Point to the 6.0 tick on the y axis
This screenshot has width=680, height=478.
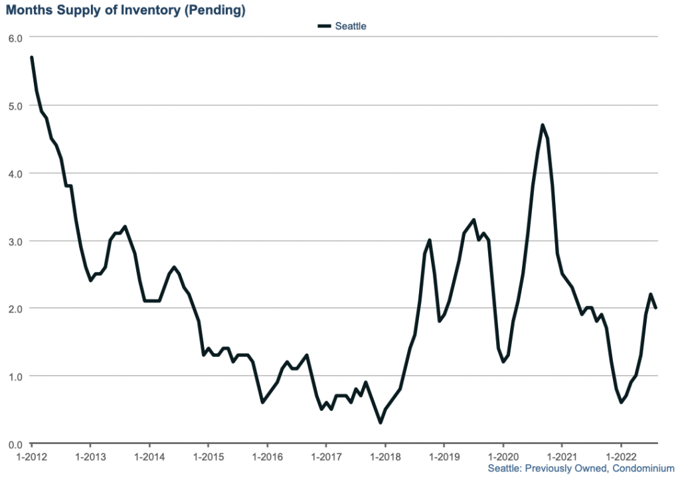15,38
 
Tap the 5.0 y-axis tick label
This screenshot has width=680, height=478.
15,106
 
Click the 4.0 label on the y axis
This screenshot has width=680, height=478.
15,174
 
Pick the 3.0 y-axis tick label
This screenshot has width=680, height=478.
15,241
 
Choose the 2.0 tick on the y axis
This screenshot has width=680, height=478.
15,308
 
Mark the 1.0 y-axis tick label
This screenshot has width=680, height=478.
15,376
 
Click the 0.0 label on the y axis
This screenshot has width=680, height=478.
15,444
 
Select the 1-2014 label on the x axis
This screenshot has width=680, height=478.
149,458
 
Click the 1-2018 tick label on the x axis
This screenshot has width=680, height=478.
385,458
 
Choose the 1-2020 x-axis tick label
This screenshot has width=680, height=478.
503,458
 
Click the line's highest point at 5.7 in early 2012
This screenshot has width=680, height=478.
31,58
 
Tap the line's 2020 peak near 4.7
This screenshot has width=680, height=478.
543,125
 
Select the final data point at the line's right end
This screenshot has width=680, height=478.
656,308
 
